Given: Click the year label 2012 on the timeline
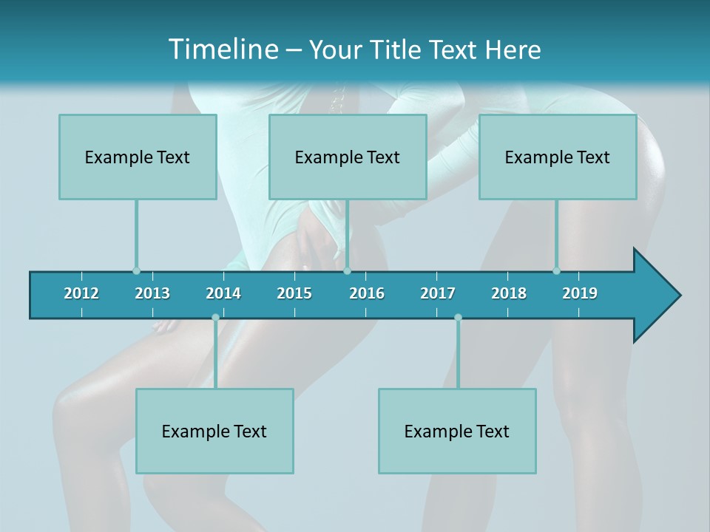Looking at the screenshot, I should tap(81, 293).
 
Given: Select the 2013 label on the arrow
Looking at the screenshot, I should tap(152, 293).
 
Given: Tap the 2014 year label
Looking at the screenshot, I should tap(223, 293).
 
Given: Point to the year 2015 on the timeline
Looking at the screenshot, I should tap(294, 293).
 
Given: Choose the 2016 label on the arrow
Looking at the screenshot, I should tap(367, 293).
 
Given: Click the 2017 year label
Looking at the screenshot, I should tap(438, 293).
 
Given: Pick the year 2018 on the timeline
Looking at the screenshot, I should tap(509, 293).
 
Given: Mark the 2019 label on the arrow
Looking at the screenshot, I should tap(580, 293).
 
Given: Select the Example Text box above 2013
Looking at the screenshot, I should tap(138, 157).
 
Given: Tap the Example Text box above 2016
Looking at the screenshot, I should tap(348, 157).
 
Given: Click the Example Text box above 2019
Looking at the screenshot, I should tap(558, 157).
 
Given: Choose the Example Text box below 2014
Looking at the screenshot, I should tap(214, 431).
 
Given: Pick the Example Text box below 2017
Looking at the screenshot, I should tap(457, 431).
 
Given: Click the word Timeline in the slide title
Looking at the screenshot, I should tap(223, 50).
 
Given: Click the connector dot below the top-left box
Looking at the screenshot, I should tap(136, 271).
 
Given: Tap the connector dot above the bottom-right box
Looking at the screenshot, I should tap(458, 317).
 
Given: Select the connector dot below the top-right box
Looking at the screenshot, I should tap(556, 271).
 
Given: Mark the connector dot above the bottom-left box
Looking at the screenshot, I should tap(215, 317).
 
